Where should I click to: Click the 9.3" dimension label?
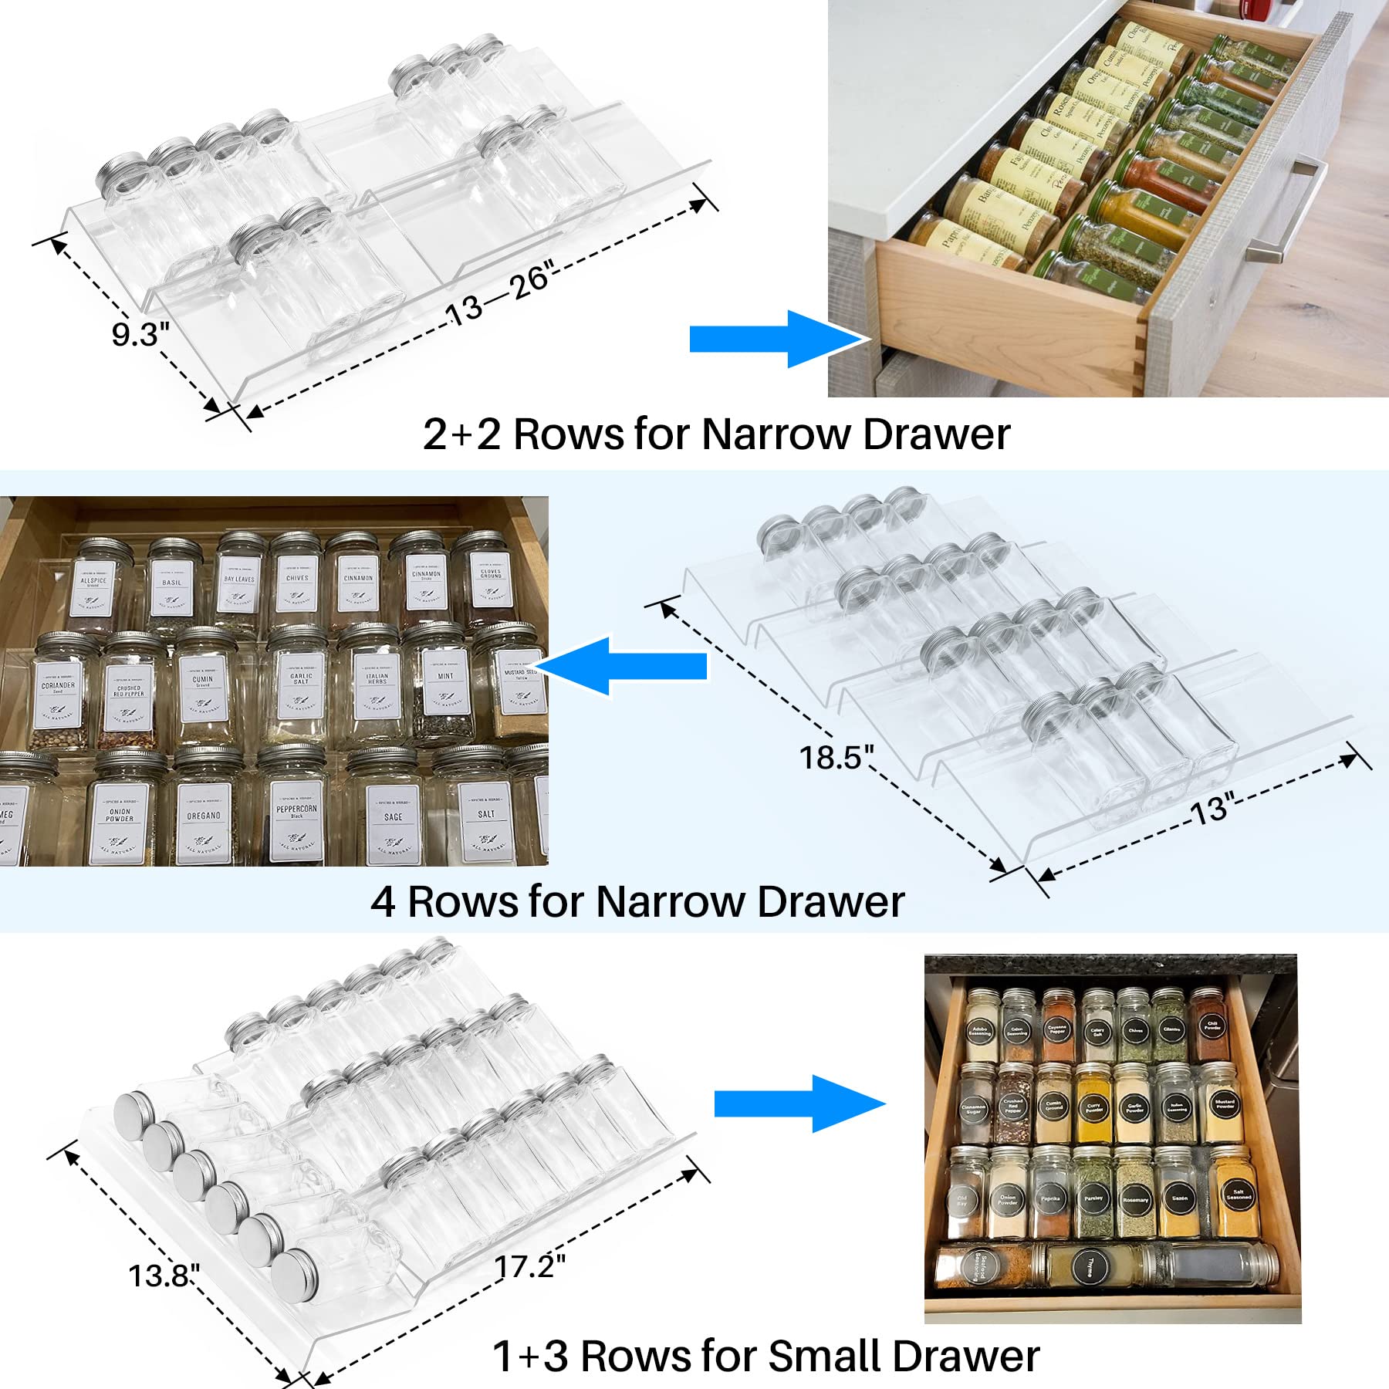pos(140,334)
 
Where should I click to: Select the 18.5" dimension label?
pos(836,757)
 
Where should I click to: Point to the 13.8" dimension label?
pos(164,1276)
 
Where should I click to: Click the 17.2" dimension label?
pos(529,1266)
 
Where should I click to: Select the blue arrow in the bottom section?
pos(799,1104)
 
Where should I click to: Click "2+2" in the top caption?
pos(462,434)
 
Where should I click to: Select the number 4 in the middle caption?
pos(383,901)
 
